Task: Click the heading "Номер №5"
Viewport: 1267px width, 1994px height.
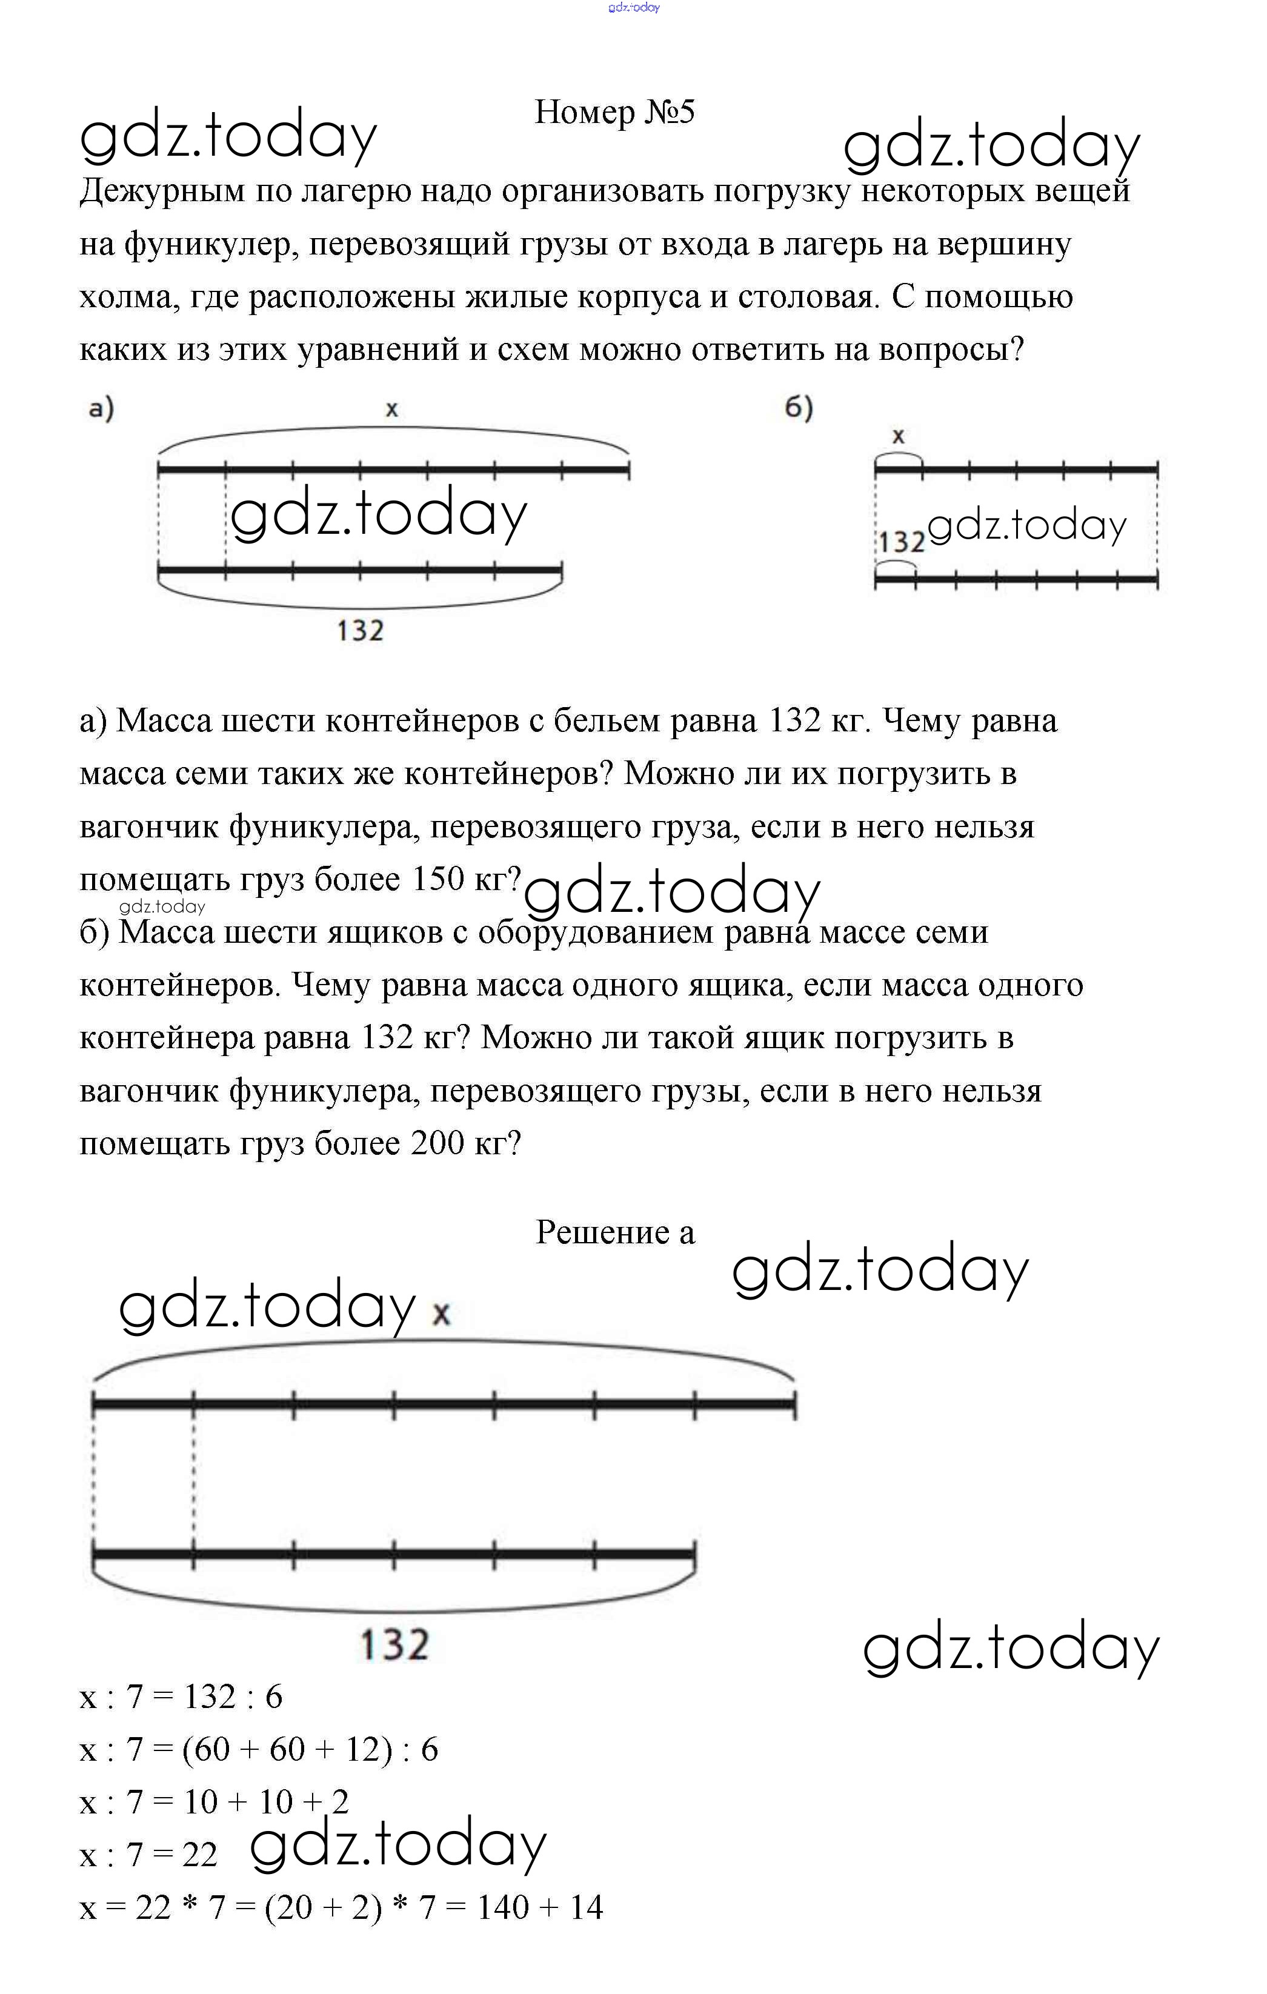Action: point(614,113)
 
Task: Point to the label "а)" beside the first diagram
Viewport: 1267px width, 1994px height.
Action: point(101,408)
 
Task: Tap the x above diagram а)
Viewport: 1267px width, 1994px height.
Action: point(391,408)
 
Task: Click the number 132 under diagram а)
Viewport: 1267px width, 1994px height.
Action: point(360,631)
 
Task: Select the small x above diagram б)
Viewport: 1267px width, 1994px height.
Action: point(897,436)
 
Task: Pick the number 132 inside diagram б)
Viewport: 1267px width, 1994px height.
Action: point(902,542)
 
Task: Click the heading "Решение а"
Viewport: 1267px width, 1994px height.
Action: point(614,1232)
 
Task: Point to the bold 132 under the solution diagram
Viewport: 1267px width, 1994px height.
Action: point(394,1644)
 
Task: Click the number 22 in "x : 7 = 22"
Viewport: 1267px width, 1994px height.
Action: point(199,1855)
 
